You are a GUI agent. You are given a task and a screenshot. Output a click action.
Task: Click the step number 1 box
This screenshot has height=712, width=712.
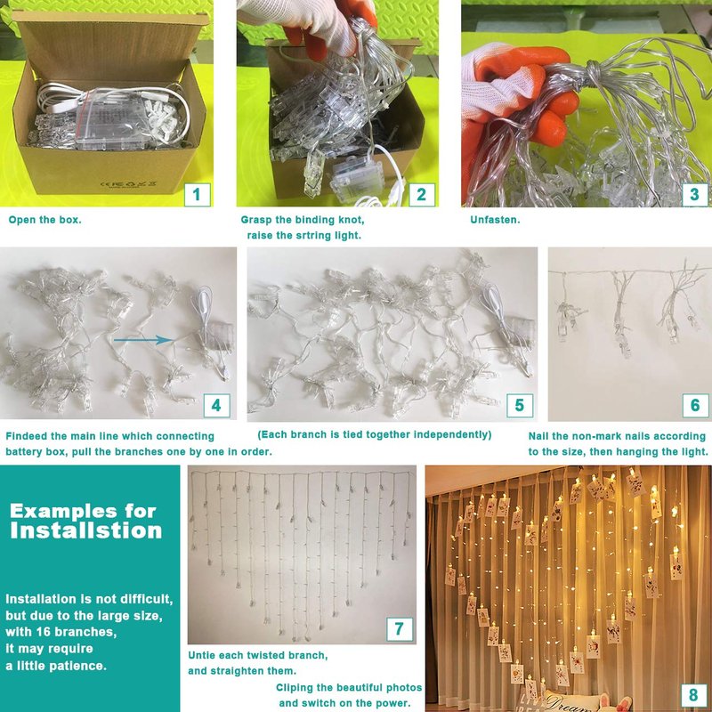tap(197, 195)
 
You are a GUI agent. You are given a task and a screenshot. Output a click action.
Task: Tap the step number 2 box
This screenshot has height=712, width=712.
tap(422, 195)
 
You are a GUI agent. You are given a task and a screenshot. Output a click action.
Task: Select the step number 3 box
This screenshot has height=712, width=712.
tap(695, 195)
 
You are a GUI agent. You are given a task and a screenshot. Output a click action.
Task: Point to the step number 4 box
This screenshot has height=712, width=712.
tap(216, 405)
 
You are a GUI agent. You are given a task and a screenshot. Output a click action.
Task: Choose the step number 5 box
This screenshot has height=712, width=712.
tap(520, 405)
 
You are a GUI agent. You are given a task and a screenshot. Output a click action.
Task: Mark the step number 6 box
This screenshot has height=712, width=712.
tap(695, 405)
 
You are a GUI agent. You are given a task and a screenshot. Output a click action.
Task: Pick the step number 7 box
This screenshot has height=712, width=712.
tap(400, 629)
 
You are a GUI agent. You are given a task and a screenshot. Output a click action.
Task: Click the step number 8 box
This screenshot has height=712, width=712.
tap(693, 695)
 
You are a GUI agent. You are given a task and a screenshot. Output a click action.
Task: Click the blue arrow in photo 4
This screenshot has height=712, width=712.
tap(143, 340)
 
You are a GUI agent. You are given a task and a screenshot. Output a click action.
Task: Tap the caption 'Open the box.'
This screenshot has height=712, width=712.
tap(45, 220)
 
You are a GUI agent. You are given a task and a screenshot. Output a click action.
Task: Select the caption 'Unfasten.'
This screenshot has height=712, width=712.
tap(495, 220)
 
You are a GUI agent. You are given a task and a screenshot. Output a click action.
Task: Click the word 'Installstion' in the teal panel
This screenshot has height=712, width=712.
tap(85, 530)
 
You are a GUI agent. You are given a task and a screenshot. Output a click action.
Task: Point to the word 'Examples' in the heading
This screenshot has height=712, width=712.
tap(57, 511)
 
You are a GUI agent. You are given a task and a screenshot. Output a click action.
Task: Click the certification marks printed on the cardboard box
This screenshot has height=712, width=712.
tap(128, 184)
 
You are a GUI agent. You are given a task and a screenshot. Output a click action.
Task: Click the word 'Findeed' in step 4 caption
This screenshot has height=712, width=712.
tap(27, 436)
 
